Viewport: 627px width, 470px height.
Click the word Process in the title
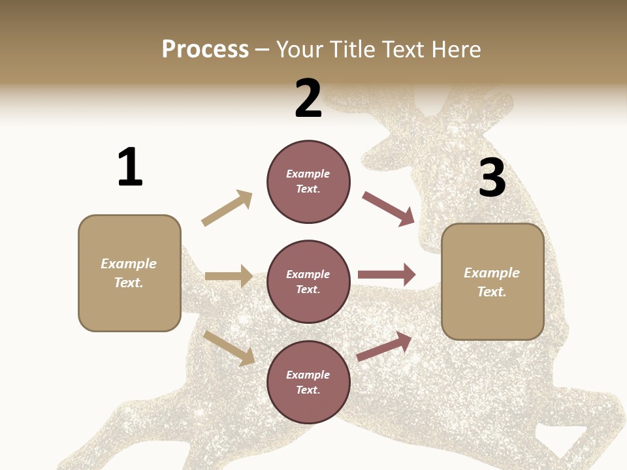pos(205,49)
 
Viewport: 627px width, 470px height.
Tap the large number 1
pos(130,167)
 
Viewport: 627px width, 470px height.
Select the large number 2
pos(308,99)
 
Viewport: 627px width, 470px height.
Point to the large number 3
pos(492,178)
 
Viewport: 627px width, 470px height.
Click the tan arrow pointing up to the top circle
pos(227,208)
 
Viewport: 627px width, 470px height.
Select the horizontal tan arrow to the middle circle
pos(229,276)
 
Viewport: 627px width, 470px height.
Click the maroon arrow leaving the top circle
pos(388,208)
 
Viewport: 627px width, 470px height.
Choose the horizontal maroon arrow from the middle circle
pos(386,274)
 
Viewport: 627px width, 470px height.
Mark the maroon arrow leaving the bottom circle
pos(384,347)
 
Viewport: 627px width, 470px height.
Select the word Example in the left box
pos(129,264)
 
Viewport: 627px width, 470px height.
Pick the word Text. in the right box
pos(492,292)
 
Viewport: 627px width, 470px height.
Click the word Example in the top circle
pos(308,174)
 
